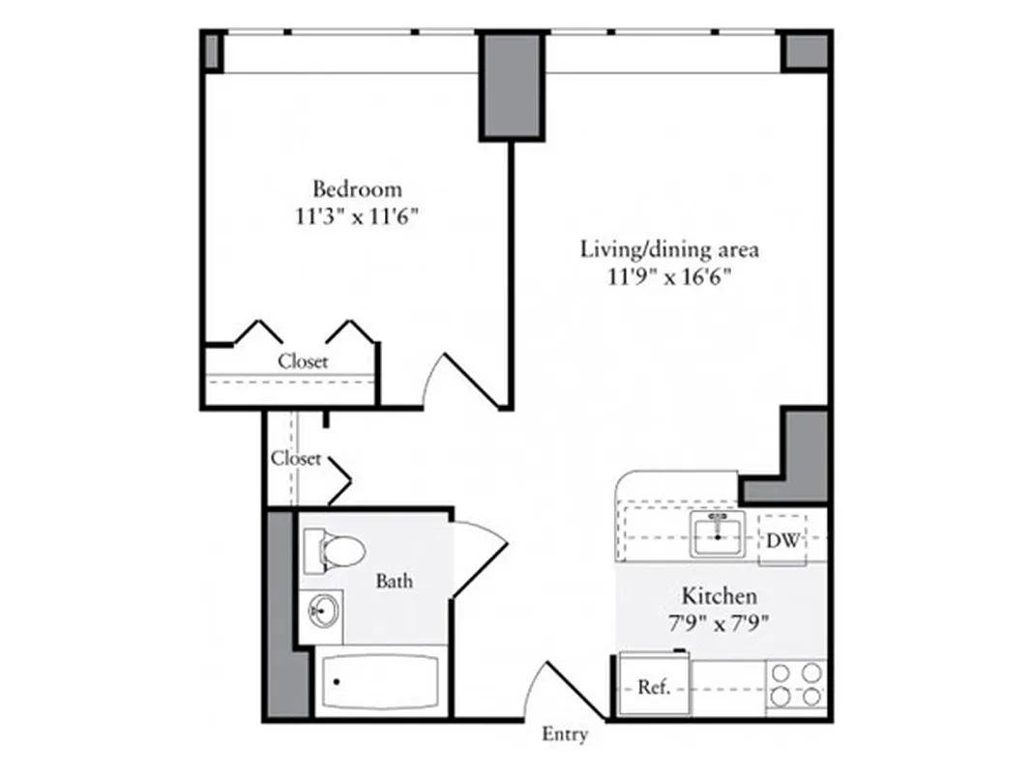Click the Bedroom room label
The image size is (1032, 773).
coord(357,188)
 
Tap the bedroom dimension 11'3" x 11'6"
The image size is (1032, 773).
coord(357,216)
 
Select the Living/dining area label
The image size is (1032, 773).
coord(669,249)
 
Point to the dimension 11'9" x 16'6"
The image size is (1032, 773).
coord(669,278)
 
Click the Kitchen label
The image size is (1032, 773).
coord(720,595)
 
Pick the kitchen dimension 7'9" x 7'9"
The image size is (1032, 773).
coord(720,623)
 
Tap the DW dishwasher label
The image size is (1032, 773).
coord(783,541)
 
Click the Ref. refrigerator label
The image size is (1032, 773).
coord(654,688)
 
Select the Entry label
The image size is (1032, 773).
coord(565,735)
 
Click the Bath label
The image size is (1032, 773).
coord(395,581)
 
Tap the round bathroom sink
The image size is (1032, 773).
coord(321,611)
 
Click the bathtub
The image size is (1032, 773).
coord(378,682)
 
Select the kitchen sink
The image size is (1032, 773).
coord(718,534)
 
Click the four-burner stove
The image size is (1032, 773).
coord(796,684)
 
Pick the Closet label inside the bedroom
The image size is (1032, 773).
coord(304,361)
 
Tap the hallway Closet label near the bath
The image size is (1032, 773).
coord(296,458)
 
